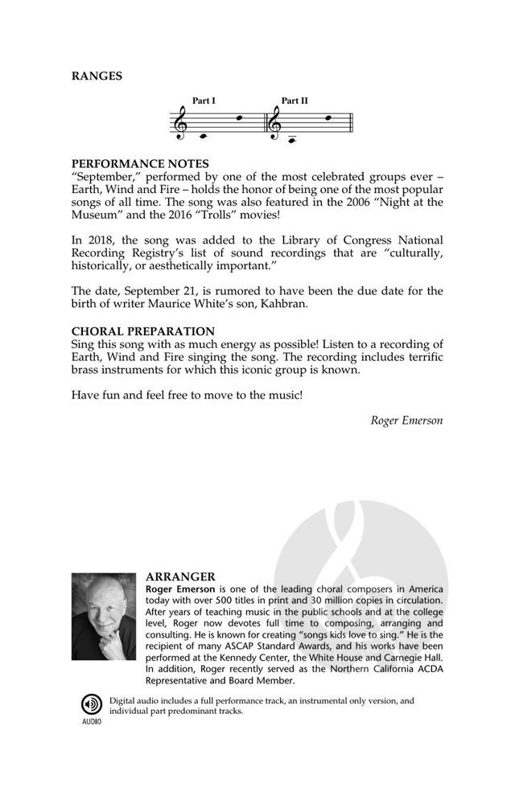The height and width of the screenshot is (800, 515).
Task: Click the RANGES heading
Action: [x=97, y=76]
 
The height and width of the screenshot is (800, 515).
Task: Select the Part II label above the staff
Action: [x=295, y=101]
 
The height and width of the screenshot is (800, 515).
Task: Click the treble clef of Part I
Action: [x=181, y=124]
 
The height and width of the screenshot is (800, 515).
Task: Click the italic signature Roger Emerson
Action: [x=406, y=420]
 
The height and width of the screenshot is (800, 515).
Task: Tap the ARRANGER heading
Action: [x=180, y=576]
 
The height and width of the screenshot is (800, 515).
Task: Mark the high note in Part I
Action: [x=237, y=118]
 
